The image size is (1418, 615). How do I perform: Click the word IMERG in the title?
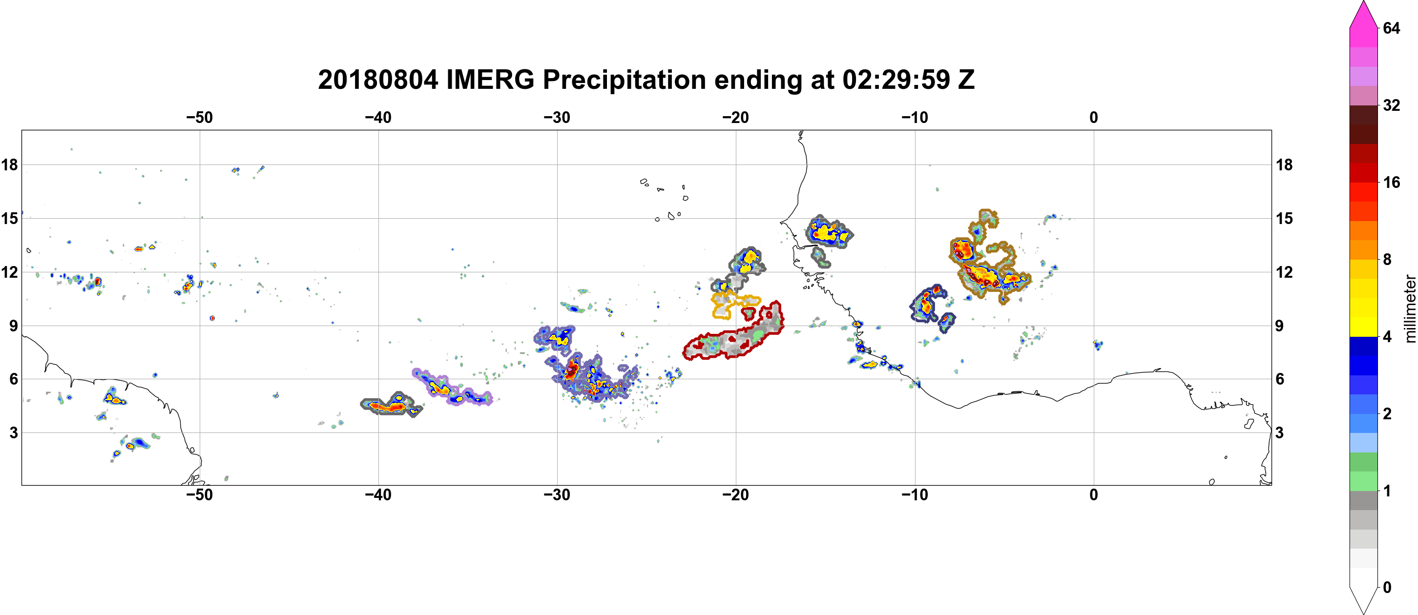tap(490, 80)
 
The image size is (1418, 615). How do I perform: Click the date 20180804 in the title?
tap(378, 80)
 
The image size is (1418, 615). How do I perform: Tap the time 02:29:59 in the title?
tap(896, 80)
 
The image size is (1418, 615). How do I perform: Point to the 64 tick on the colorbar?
tap(1391, 28)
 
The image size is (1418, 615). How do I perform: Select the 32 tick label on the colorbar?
tap(1391, 105)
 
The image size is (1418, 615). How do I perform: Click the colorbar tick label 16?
tap(1391, 182)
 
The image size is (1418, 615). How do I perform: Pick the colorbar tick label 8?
tap(1387, 259)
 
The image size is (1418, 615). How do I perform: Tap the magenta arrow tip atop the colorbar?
tap(1363, 3)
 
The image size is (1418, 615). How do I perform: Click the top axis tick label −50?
tap(199, 117)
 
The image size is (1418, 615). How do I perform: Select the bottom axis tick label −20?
tap(735, 494)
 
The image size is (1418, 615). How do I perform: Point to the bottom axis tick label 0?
tap(1093, 494)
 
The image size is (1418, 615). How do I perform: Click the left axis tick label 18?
tap(9, 164)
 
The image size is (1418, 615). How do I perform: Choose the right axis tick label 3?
tap(1279, 432)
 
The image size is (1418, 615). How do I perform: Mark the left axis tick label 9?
tap(13, 326)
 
